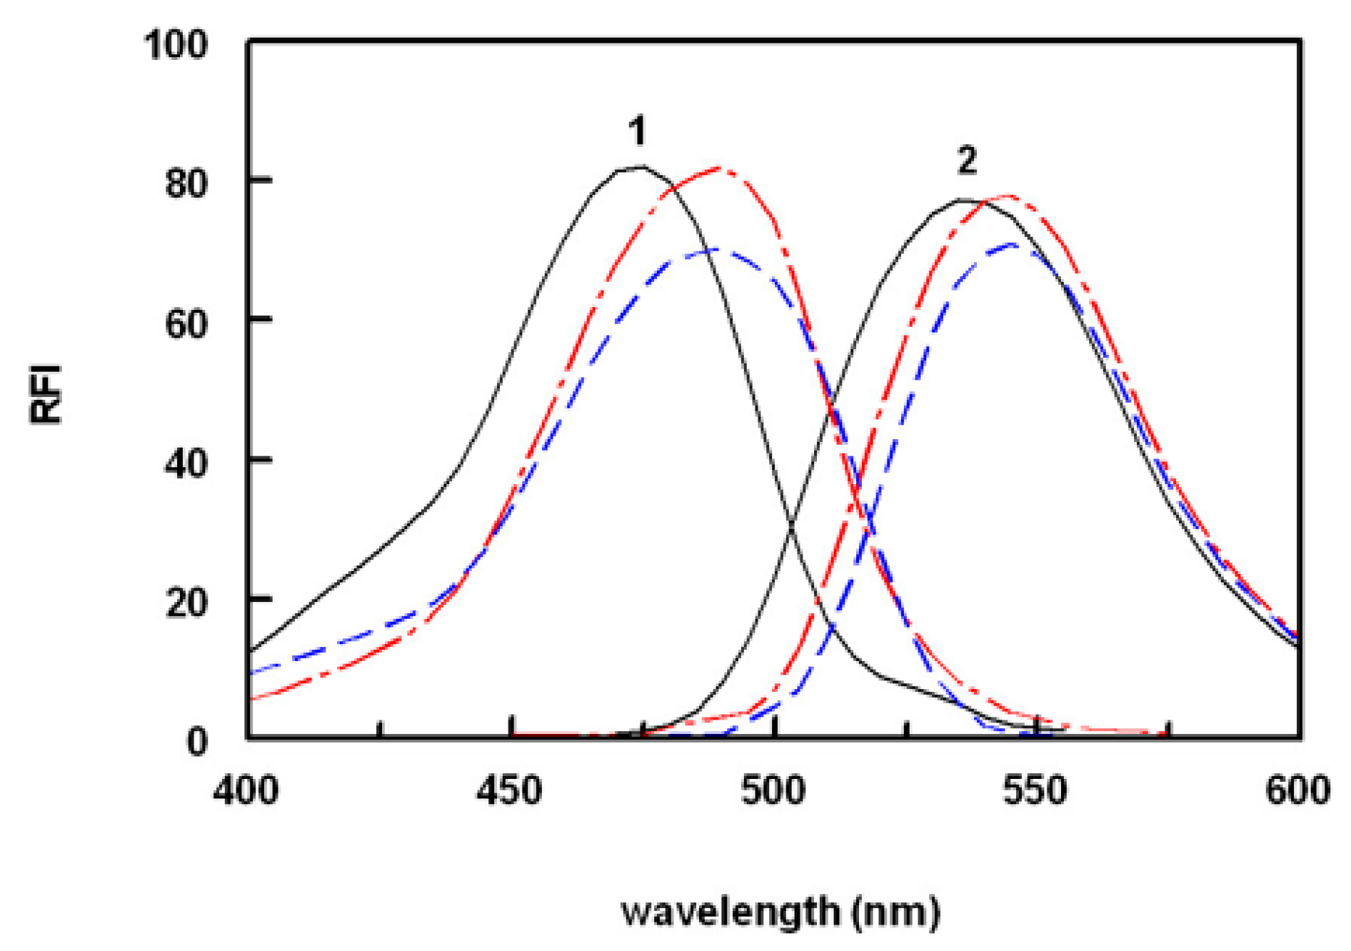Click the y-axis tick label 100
point(176,44)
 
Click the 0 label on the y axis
point(197,742)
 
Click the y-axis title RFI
point(47,394)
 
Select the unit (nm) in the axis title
point(896,912)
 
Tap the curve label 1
point(637,131)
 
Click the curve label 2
point(967,161)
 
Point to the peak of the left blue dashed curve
point(714,250)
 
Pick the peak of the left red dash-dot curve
point(718,168)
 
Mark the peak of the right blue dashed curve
point(1013,245)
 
